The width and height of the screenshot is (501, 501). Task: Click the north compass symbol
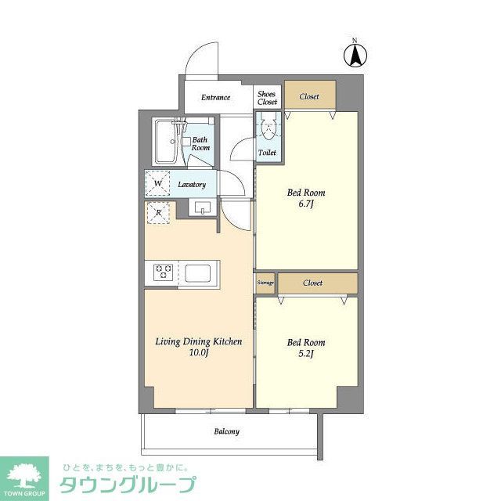354,55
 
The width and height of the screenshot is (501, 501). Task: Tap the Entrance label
215,98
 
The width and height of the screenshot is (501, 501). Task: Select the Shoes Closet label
267,96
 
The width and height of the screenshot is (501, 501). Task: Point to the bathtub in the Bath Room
167,142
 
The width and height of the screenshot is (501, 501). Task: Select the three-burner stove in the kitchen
164,272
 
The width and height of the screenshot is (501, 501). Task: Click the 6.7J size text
305,205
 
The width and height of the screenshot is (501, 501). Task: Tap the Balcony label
227,431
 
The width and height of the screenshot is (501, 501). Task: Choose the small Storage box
265,283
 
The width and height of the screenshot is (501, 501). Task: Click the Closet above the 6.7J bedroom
309,96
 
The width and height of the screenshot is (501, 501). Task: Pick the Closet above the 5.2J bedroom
313,283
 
